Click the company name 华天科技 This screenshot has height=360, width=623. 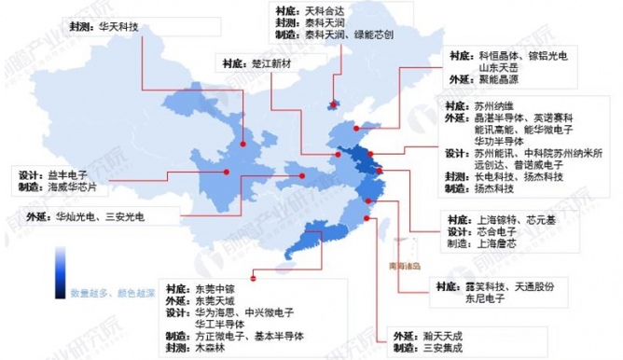click(x=118, y=28)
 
